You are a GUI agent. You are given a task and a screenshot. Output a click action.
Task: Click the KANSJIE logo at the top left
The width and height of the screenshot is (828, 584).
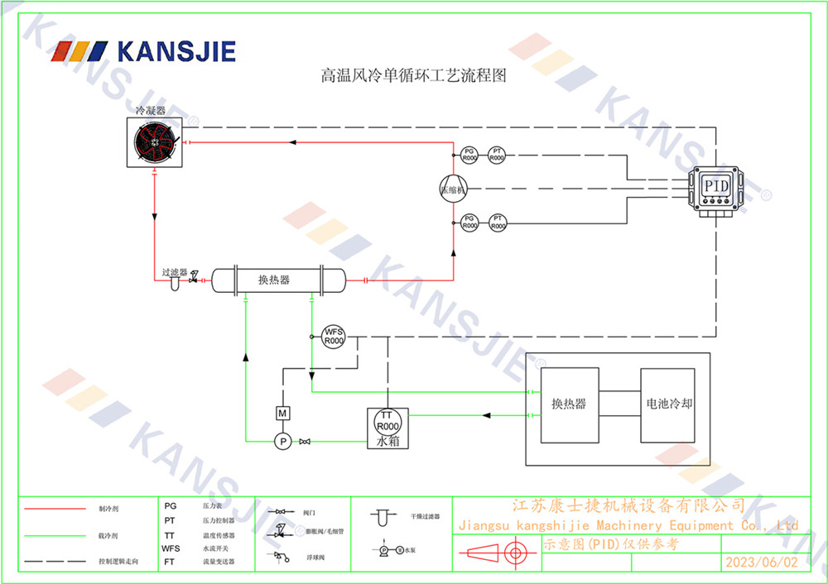(144, 51)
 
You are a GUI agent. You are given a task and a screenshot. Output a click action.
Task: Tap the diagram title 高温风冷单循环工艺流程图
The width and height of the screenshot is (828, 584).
(412, 77)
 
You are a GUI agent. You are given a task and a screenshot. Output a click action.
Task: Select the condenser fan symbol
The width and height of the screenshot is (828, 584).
(156, 142)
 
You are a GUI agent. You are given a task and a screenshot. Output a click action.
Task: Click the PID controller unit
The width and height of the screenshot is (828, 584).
(716, 186)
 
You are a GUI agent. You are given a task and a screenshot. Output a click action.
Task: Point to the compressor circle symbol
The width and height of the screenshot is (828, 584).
(453, 187)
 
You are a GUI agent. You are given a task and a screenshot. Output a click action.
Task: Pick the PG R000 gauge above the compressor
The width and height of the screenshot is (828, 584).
(469, 154)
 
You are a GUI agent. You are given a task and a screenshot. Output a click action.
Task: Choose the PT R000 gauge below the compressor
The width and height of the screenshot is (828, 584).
(497, 222)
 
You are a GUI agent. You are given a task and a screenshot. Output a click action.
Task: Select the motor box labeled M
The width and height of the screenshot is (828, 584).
(282, 412)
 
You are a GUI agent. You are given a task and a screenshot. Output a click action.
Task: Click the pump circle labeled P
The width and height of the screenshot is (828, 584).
(282, 442)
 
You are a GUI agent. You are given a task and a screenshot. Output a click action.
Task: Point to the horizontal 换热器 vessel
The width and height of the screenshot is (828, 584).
(276, 280)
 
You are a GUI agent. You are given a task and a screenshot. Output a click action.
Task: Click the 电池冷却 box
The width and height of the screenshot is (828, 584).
(669, 404)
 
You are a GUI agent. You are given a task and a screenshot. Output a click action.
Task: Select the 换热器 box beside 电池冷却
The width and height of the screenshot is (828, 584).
(569, 404)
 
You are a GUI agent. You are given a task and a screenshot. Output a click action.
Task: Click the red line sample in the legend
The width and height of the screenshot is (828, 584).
(54, 509)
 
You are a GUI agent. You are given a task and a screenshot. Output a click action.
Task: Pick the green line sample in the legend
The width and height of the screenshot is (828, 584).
(54, 535)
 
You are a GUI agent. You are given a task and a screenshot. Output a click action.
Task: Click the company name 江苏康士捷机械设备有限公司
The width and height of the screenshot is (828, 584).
(629, 505)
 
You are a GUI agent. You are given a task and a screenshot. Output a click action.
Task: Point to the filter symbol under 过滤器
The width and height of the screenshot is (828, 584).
(176, 284)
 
